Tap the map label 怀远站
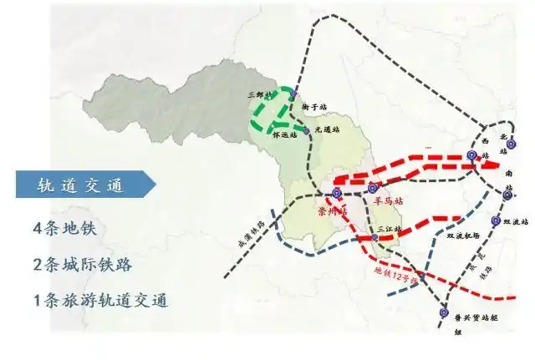(x=287, y=134)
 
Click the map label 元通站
(x=329, y=130)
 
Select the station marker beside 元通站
(x=307, y=131)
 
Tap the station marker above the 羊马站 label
(x=373, y=188)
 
